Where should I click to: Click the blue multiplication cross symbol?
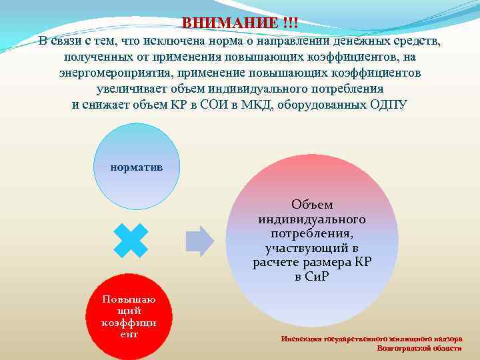pyautogui.click(x=131, y=240)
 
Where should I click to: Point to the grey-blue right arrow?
pyautogui.click(x=199, y=241)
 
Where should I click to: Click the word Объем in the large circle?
pyautogui.click(x=312, y=205)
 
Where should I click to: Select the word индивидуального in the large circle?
pyautogui.click(x=312, y=219)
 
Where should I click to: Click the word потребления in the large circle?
pyautogui.click(x=312, y=234)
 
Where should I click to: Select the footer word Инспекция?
pyautogui.click(x=303, y=338)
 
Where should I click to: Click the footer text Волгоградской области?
pyautogui.click(x=419, y=348)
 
